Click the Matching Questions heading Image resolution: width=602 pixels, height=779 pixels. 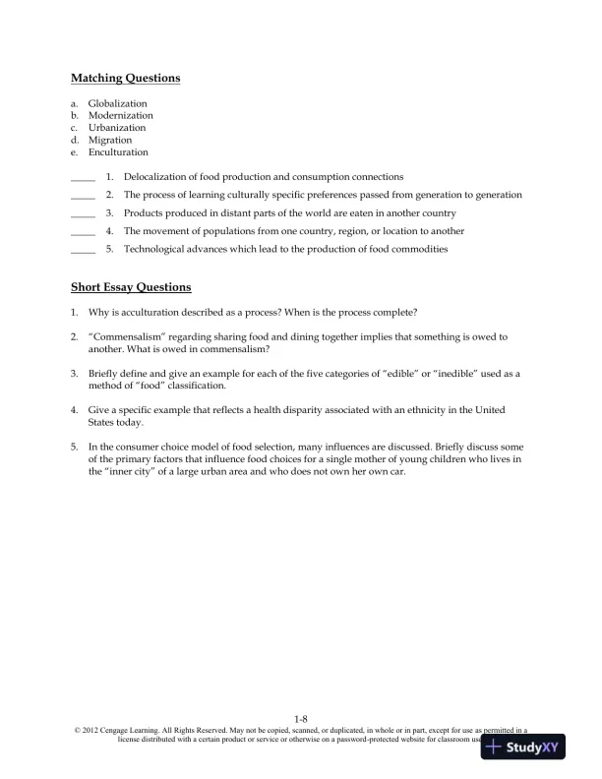point(125,78)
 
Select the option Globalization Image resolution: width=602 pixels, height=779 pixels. point(117,103)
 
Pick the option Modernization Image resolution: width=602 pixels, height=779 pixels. point(120,115)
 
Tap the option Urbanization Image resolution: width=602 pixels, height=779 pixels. point(116,128)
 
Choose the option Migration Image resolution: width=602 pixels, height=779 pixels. point(109,140)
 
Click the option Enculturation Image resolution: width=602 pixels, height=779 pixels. point(118,152)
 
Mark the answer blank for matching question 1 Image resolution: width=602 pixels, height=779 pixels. point(83,177)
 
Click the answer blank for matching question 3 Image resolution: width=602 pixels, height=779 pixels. point(83,213)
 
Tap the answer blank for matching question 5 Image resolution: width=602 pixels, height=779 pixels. point(83,250)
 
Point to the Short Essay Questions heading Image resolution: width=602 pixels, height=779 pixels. point(131,288)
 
